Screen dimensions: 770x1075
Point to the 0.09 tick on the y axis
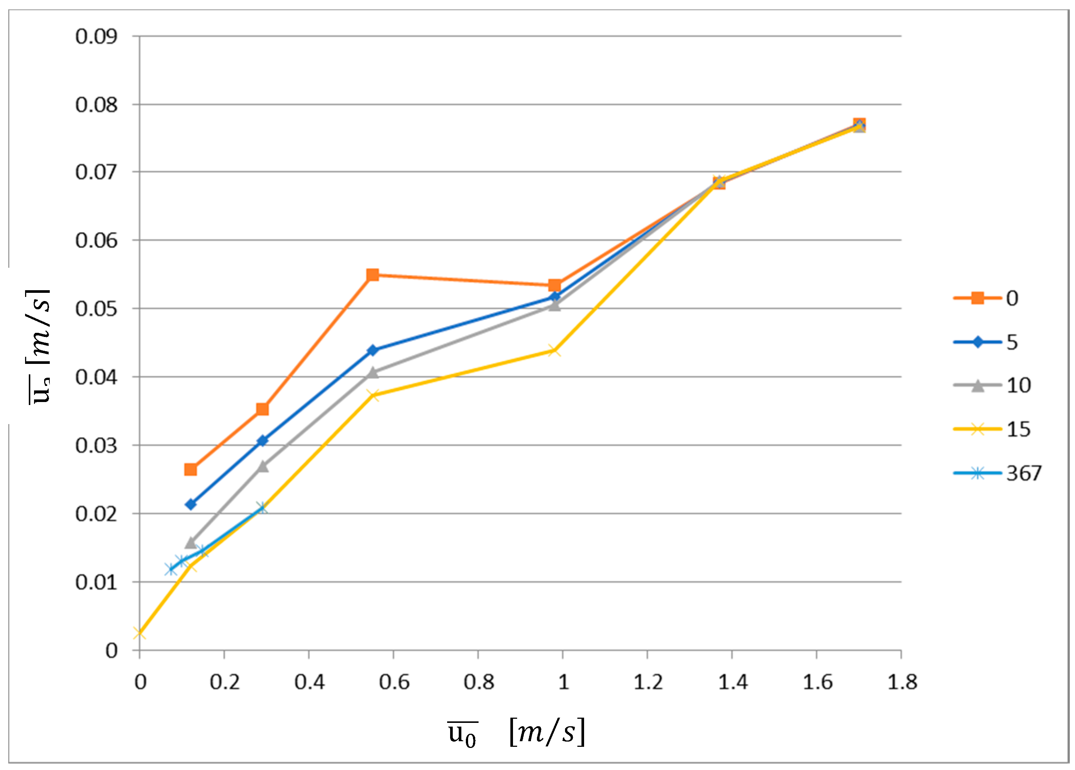(96, 37)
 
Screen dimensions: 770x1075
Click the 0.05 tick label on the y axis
(96, 309)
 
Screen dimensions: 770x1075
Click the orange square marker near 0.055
(373, 275)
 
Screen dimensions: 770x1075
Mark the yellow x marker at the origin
(139, 633)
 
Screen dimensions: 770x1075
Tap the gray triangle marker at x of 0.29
(263, 467)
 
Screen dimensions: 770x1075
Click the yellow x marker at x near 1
(554, 351)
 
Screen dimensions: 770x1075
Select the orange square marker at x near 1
(555, 285)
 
